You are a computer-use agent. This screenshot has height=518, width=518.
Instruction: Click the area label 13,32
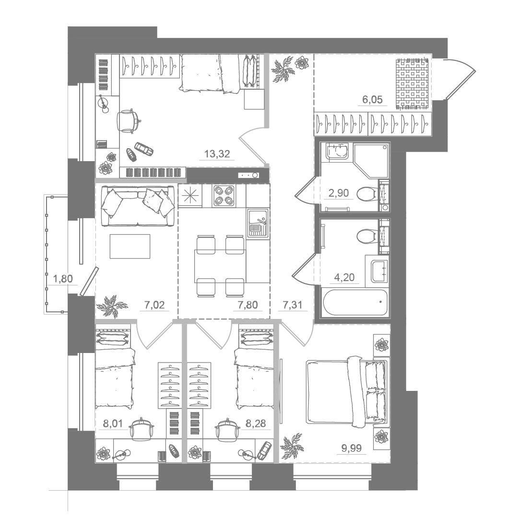[217, 153]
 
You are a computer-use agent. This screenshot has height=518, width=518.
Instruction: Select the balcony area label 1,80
[63, 279]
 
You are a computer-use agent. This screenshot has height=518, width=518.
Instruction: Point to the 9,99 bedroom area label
[351, 448]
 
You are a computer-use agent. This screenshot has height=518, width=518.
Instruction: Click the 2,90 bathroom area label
[338, 193]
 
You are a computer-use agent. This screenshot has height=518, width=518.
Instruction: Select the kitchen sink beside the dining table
[258, 223]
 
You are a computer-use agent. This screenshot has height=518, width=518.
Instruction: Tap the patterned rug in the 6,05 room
[412, 83]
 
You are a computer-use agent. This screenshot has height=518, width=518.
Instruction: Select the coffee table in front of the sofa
[130, 246]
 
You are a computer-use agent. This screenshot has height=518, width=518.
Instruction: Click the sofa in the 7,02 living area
[138, 206]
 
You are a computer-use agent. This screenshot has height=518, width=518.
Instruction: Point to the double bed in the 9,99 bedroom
[347, 392]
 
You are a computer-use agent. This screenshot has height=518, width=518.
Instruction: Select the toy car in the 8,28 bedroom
[264, 450]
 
